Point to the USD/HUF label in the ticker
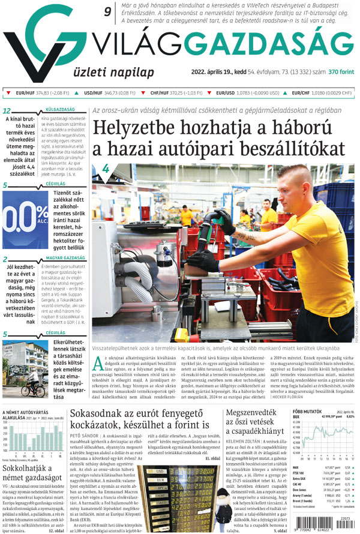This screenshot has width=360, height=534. [93, 94]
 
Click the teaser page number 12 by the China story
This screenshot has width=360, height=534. [7, 111]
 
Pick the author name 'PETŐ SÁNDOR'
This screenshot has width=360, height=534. [86, 448]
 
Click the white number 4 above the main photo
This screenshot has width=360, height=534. [107, 169]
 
